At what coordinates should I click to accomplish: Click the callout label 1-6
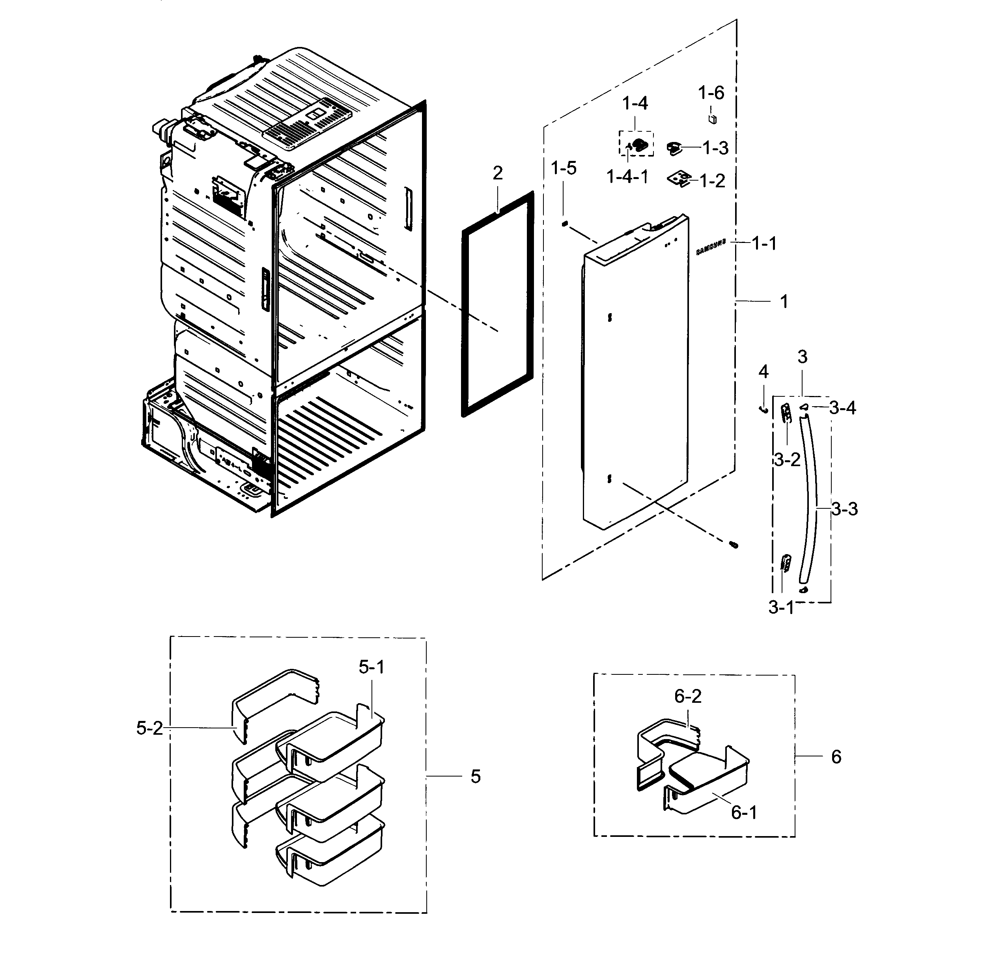pos(711,93)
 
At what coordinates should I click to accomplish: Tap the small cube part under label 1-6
pos(713,119)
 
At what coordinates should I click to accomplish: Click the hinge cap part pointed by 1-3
pos(674,149)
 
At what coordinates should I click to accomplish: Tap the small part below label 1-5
pos(564,223)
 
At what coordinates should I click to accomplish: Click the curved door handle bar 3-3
pos(808,498)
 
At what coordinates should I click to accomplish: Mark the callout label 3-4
pos(842,408)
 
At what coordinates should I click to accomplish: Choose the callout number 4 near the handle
pos(763,372)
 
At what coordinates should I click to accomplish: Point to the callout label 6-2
pos(688,696)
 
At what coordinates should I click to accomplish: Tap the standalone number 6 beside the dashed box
pos(836,757)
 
